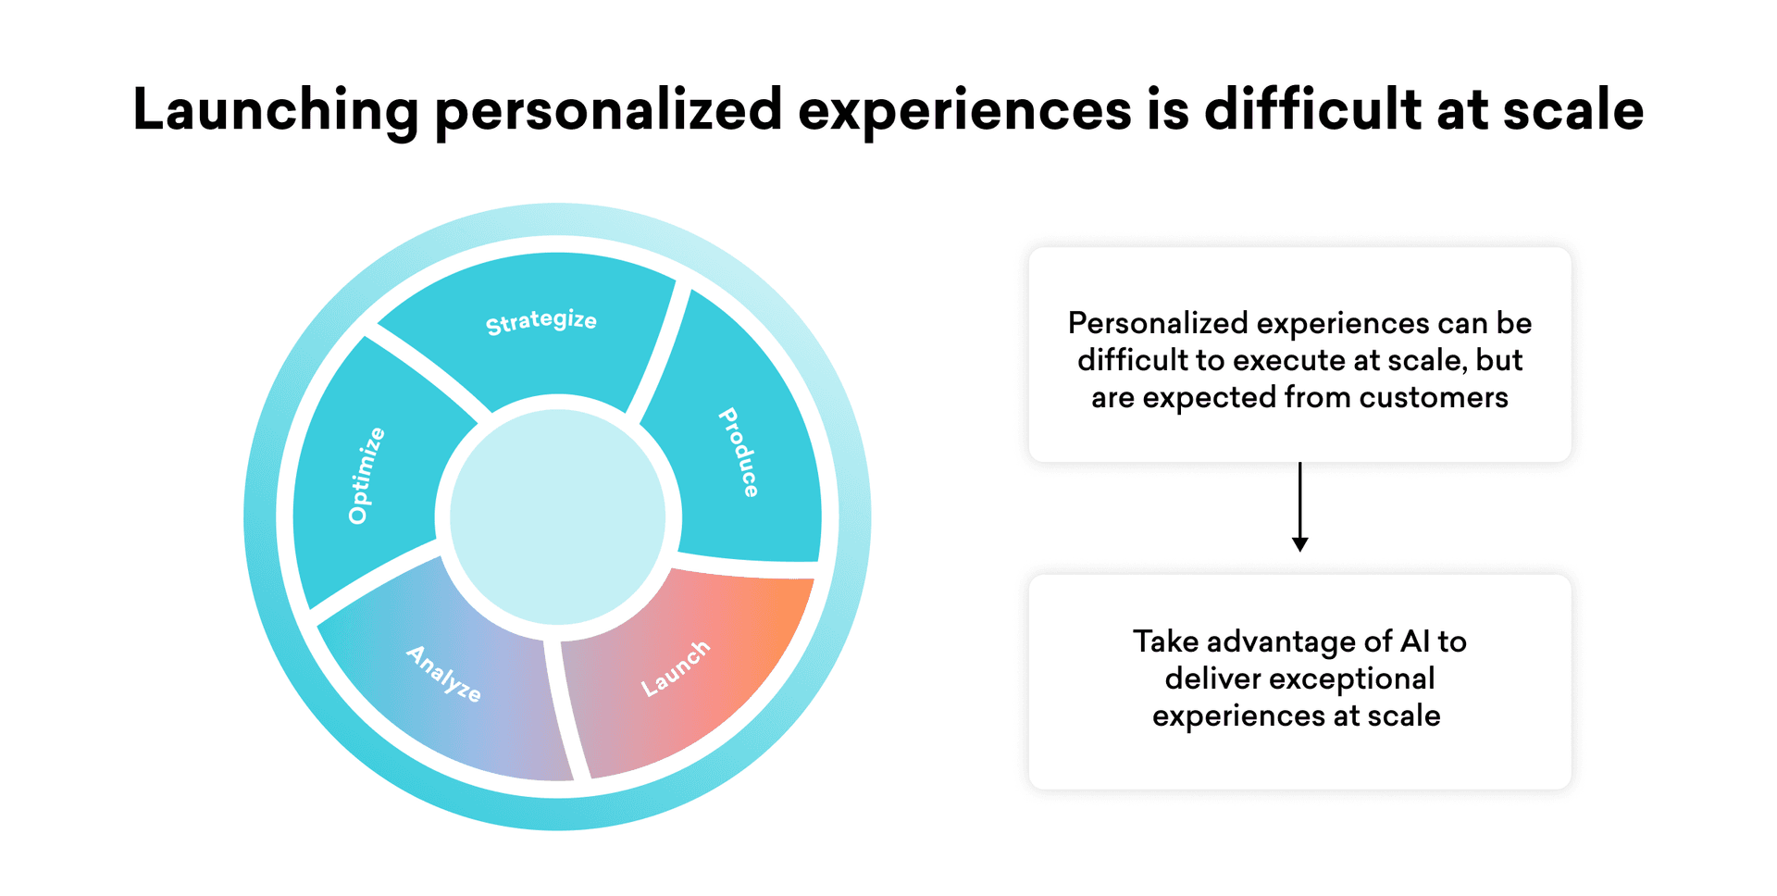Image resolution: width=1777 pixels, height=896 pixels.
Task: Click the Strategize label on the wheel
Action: (541, 321)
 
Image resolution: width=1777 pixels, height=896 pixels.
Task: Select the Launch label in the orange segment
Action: (676, 667)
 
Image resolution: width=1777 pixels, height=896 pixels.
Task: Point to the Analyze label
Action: (444, 673)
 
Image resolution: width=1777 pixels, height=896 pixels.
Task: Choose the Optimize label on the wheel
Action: (367, 476)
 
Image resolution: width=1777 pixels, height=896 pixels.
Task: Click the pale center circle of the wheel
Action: (558, 517)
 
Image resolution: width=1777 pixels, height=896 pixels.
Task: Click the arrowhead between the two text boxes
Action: (1300, 544)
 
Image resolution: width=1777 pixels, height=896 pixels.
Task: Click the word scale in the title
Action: (1573, 110)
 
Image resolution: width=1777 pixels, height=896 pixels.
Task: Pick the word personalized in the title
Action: (609, 111)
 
